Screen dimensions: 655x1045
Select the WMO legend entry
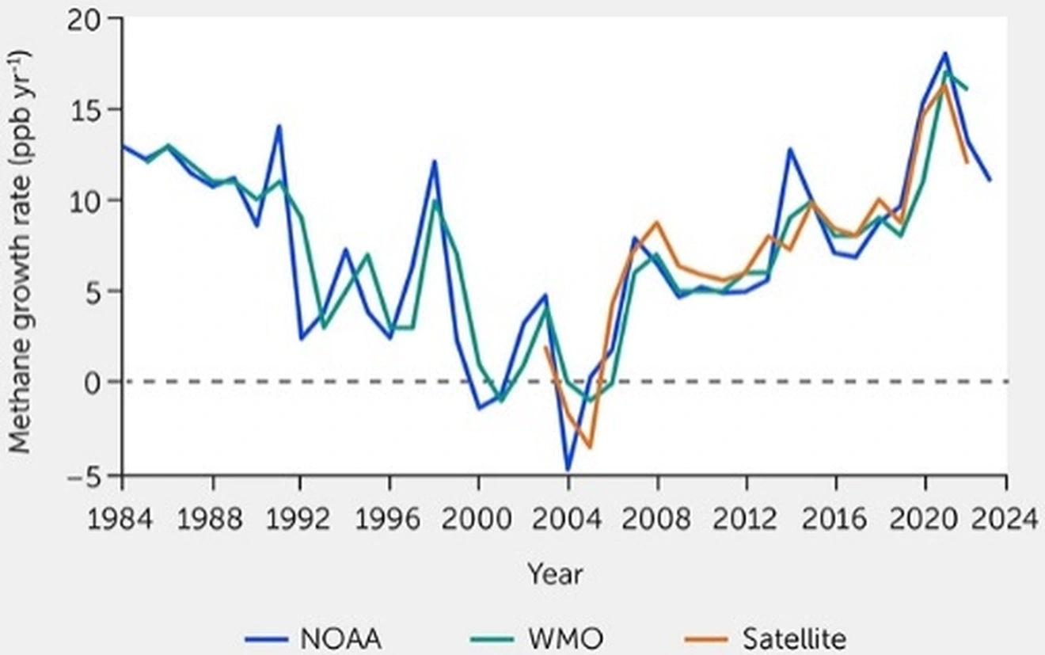tap(555, 638)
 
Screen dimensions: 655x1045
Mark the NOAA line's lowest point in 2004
tap(567, 470)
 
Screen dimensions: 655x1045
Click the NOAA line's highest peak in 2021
tap(944, 53)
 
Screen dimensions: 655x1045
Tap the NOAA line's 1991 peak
tap(279, 126)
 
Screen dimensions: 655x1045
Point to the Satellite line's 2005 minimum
tap(589, 447)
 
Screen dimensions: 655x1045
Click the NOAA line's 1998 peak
tap(434, 162)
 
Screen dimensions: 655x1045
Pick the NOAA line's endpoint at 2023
tap(989, 180)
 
